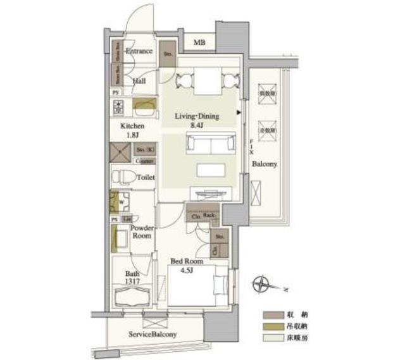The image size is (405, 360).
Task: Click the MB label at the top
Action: click(x=199, y=42)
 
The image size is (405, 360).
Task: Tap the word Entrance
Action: click(x=139, y=51)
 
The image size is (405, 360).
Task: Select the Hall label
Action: click(x=139, y=81)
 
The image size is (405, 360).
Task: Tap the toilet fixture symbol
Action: click(x=123, y=177)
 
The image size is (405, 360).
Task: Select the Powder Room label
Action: click(x=140, y=232)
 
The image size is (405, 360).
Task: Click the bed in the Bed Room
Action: click(x=197, y=286)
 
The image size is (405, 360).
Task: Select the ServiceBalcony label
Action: click(x=153, y=334)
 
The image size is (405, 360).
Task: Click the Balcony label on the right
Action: click(x=264, y=164)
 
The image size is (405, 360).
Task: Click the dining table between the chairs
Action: click(x=202, y=81)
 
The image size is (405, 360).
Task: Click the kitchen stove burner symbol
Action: click(x=118, y=106)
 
